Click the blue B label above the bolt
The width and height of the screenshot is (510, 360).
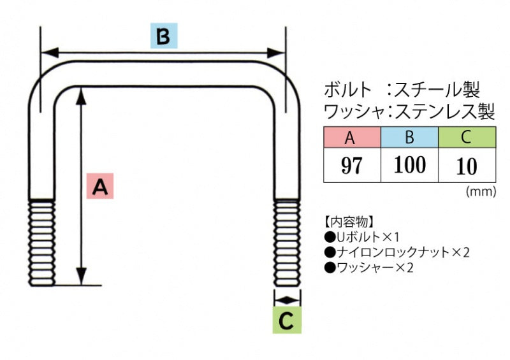click(x=163, y=36)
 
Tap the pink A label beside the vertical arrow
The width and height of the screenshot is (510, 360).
click(x=101, y=187)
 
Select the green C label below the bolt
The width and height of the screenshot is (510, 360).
click(x=288, y=320)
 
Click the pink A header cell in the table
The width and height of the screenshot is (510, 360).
click(x=351, y=137)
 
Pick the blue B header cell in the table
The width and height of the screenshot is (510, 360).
click(x=409, y=137)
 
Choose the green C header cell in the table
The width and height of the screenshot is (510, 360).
click(x=467, y=137)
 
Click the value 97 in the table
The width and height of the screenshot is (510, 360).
click(x=351, y=166)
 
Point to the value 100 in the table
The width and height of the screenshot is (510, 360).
click(x=409, y=165)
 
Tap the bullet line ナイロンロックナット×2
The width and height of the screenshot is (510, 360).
click(x=397, y=252)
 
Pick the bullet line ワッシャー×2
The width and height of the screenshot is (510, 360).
click(x=369, y=268)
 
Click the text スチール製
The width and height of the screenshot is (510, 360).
click(x=437, y=88)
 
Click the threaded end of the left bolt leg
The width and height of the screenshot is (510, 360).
click(x=41, y=242)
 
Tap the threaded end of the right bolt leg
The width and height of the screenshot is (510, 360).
click(x=287, y=242)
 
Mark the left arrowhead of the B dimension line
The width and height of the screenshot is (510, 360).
click(x=48, y=53)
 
